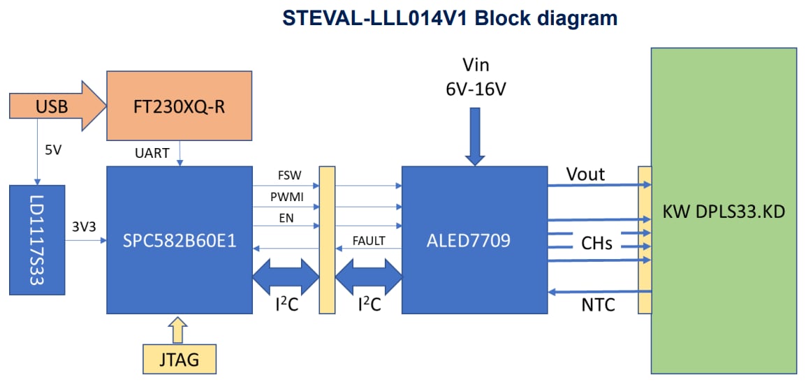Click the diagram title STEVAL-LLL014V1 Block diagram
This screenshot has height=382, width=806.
[450, 17]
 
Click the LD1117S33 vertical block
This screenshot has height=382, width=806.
[38, 240]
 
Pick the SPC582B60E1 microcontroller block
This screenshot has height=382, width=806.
[179, 241]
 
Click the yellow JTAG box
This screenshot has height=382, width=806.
[179, 360]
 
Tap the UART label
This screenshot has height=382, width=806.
[152, 153]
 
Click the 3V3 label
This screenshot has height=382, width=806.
[83, 227]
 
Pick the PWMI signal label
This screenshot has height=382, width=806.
[285, 198]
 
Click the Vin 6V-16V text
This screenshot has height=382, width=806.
[476, 78]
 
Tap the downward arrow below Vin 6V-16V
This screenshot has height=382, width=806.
[475, 137]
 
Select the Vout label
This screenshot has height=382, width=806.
[585, 174]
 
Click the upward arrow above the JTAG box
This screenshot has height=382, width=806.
[179, 330]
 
